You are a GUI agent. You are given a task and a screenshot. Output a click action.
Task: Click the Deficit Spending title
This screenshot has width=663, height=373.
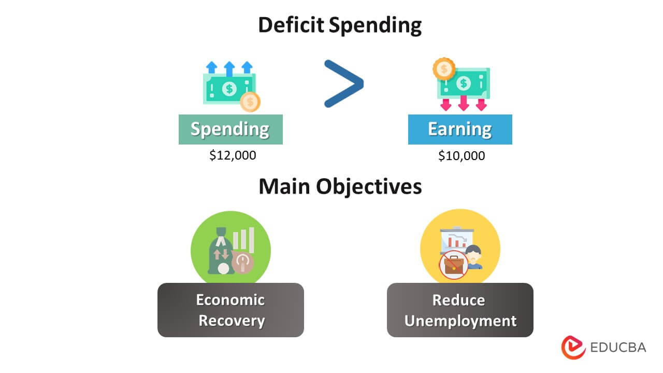pyautogui.click(x=340, y=25)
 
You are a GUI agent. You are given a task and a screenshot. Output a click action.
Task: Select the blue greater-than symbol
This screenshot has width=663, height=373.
pyautogui.click(x=343, y=84)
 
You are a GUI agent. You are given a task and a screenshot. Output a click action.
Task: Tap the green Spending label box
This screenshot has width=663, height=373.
pyautogui.click(x=230, y=129)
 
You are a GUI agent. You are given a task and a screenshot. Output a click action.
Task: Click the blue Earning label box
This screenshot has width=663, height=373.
pyautogui.click(x=460, y=129)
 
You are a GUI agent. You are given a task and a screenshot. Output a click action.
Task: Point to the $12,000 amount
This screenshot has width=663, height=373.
pyautogui.click(x=233, y=155)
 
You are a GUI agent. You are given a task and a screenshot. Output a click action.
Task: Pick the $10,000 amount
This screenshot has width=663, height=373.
pyautogui.click(x=462, y=155)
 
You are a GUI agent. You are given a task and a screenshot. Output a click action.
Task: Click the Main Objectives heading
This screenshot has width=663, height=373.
pyautogui.click(x=340, y=187)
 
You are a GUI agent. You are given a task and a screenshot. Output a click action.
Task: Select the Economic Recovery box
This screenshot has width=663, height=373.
pyautogui.click(x=230, y=310)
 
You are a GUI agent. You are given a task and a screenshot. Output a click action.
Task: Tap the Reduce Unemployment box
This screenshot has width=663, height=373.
pyautogui.click(x=460, y=310)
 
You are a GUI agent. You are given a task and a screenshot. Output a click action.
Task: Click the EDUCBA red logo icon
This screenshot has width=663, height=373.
pyautogui.click(x=573, y=347)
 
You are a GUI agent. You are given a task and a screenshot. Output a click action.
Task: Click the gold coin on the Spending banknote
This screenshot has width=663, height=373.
pyautogui.click(x=251, y=102)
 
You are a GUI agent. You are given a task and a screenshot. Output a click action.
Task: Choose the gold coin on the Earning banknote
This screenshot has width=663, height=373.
pyautogui.click(x=444, y=68)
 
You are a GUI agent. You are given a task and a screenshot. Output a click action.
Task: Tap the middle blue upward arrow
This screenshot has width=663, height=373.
pyautogui.click(x=229, y=68)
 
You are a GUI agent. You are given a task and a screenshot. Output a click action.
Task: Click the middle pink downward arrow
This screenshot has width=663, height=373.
pyautogui.click(x=464, y=104)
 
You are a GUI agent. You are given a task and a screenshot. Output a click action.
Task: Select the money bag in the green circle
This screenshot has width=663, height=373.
pyautogui.click(x=219, y=252)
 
